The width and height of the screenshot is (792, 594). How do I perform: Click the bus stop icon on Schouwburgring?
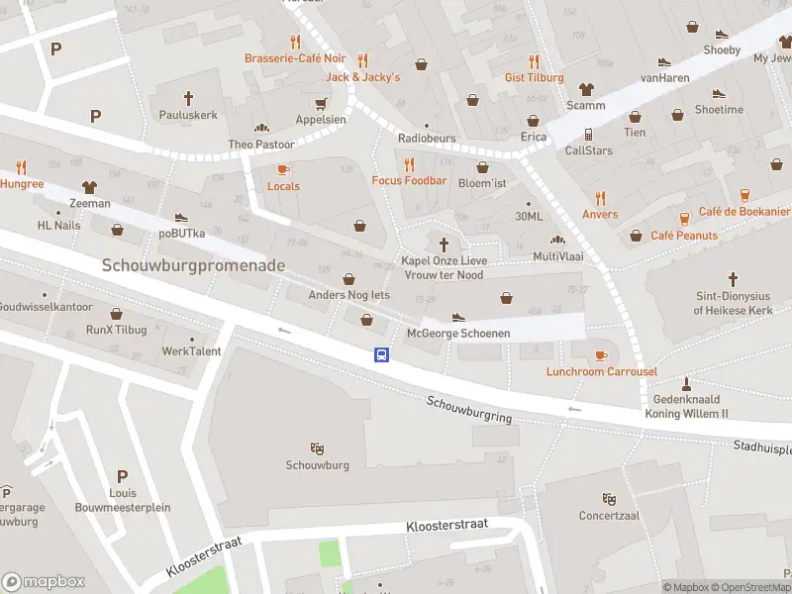[x=380, y=354]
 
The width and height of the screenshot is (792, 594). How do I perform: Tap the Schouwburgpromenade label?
[x=193, y=265]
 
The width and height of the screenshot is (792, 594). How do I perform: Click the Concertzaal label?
[x=609, y=515]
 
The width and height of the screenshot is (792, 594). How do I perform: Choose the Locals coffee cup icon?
[x=283, y=169]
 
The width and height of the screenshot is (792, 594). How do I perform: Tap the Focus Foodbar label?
[x=409, y=181]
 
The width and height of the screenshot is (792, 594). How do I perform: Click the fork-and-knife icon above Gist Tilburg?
[x=534, y=60]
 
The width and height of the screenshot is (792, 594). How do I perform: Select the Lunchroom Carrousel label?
[x=601, y=371]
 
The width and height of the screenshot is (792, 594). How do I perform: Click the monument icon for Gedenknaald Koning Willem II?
[x=687, y=383]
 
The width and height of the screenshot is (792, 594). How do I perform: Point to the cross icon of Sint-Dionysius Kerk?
[x=733, y=279]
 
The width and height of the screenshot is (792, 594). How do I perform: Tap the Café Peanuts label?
[x=684, y=236]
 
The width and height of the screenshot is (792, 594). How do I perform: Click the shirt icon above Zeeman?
[x=90, y=185]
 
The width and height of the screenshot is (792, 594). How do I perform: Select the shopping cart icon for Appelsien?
[x=321, y=103]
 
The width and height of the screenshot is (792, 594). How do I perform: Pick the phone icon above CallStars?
[x=588, y=134]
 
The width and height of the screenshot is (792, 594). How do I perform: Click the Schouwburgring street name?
[x=470, y=410]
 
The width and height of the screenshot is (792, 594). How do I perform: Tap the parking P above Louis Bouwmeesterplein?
[x=123, y=476]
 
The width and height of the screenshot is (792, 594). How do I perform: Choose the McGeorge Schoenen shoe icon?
[x=457, y=317]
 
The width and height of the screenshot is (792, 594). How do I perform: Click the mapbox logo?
[x=44, y=581]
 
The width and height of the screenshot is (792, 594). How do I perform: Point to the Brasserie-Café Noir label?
[x=295, y=58]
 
